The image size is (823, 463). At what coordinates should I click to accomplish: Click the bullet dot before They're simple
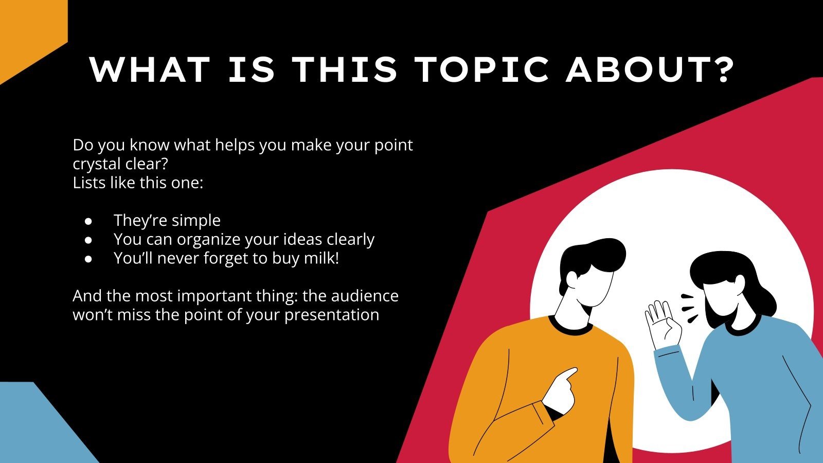(88, 221)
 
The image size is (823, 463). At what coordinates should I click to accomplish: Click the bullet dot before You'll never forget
(88, 259)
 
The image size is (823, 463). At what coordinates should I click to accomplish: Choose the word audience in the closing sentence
(365, 296)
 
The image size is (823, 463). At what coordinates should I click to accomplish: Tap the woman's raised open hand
(660, 322)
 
